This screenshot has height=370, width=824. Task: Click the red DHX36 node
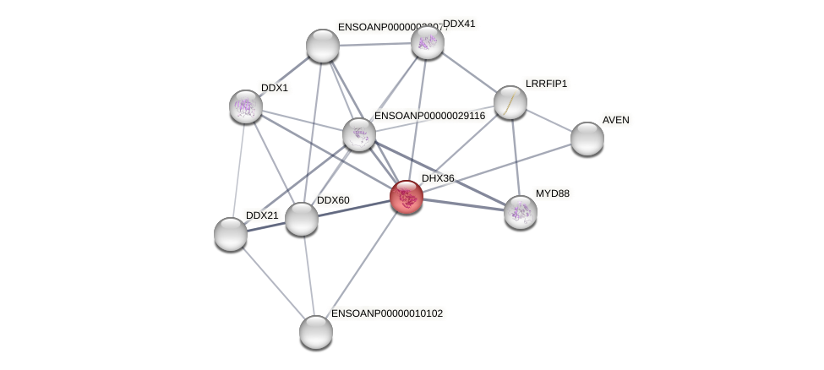pyautogui.click(x=406, y=196)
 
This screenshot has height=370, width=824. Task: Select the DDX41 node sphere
pyautogui.click(x=427, y=42)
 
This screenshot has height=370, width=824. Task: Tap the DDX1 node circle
pyautogui.click(x=246, y=106)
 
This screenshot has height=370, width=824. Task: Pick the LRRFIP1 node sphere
pyautogui.click(x=510, y=102)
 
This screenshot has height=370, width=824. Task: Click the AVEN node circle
pyautogui.click(x=587, y=138)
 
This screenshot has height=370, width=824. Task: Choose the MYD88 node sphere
pyautogui.click(x=520, y=211)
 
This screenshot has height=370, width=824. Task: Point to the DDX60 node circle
pyautogui.click(x=301, y=219)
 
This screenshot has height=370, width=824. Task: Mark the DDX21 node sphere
pyautogui.click(x=230, y=234)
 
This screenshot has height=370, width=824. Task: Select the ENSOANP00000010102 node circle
pyautogui.click(x=315, y=331)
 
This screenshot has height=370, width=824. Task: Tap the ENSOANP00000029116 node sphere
pyautogui.click(x=358, y=134)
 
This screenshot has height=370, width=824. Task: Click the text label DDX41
pyautogui.click(x=459, y=24)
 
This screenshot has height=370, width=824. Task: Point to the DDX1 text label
pyautogui.click(x=274, y=88)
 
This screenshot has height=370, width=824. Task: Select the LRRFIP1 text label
pyautogui.click(x=546, y=84)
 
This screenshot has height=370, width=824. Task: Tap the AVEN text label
pyautogui.click(x=615, y=120)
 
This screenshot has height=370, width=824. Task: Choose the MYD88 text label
pyautogui.click(x=552, y=193)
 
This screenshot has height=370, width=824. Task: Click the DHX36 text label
pyautogui.click(x=438, y=178)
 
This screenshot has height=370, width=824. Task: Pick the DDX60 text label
pyautogui.click(x=332, y=200)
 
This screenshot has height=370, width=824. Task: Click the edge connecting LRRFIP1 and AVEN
pyautogui.click(x=548, y=120)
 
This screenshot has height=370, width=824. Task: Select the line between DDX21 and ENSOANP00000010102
pyautogui.click(x=272, y=282)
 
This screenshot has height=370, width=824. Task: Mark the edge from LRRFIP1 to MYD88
pyautogui.click(x=515, y=156)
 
